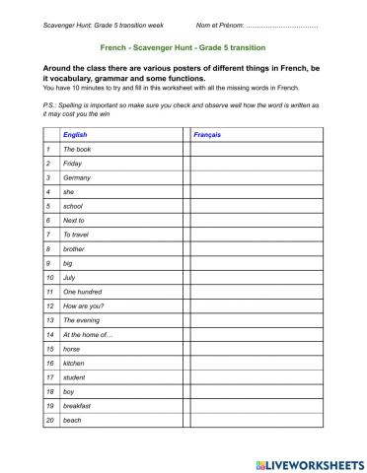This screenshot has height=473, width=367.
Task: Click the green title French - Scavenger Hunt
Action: tap(183, 46)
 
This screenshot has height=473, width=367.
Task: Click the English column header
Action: tap(74, 133)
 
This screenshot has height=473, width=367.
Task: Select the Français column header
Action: tap(207, 133)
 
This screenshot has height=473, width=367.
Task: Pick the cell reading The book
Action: tap(78, 148)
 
